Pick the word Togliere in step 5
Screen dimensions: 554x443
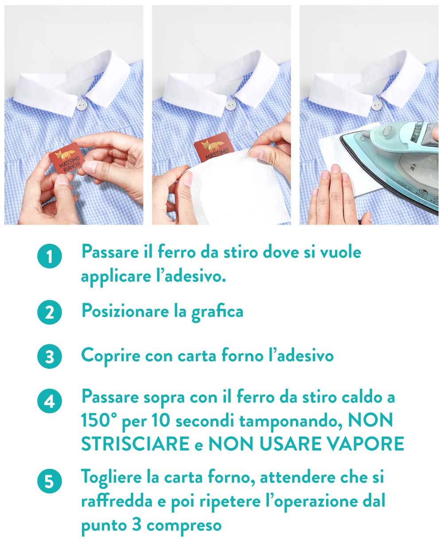[111, 478]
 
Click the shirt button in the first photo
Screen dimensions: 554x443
[81, 105]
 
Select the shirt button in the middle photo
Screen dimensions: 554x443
[229, 104]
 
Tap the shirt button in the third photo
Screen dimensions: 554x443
[377, 105]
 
